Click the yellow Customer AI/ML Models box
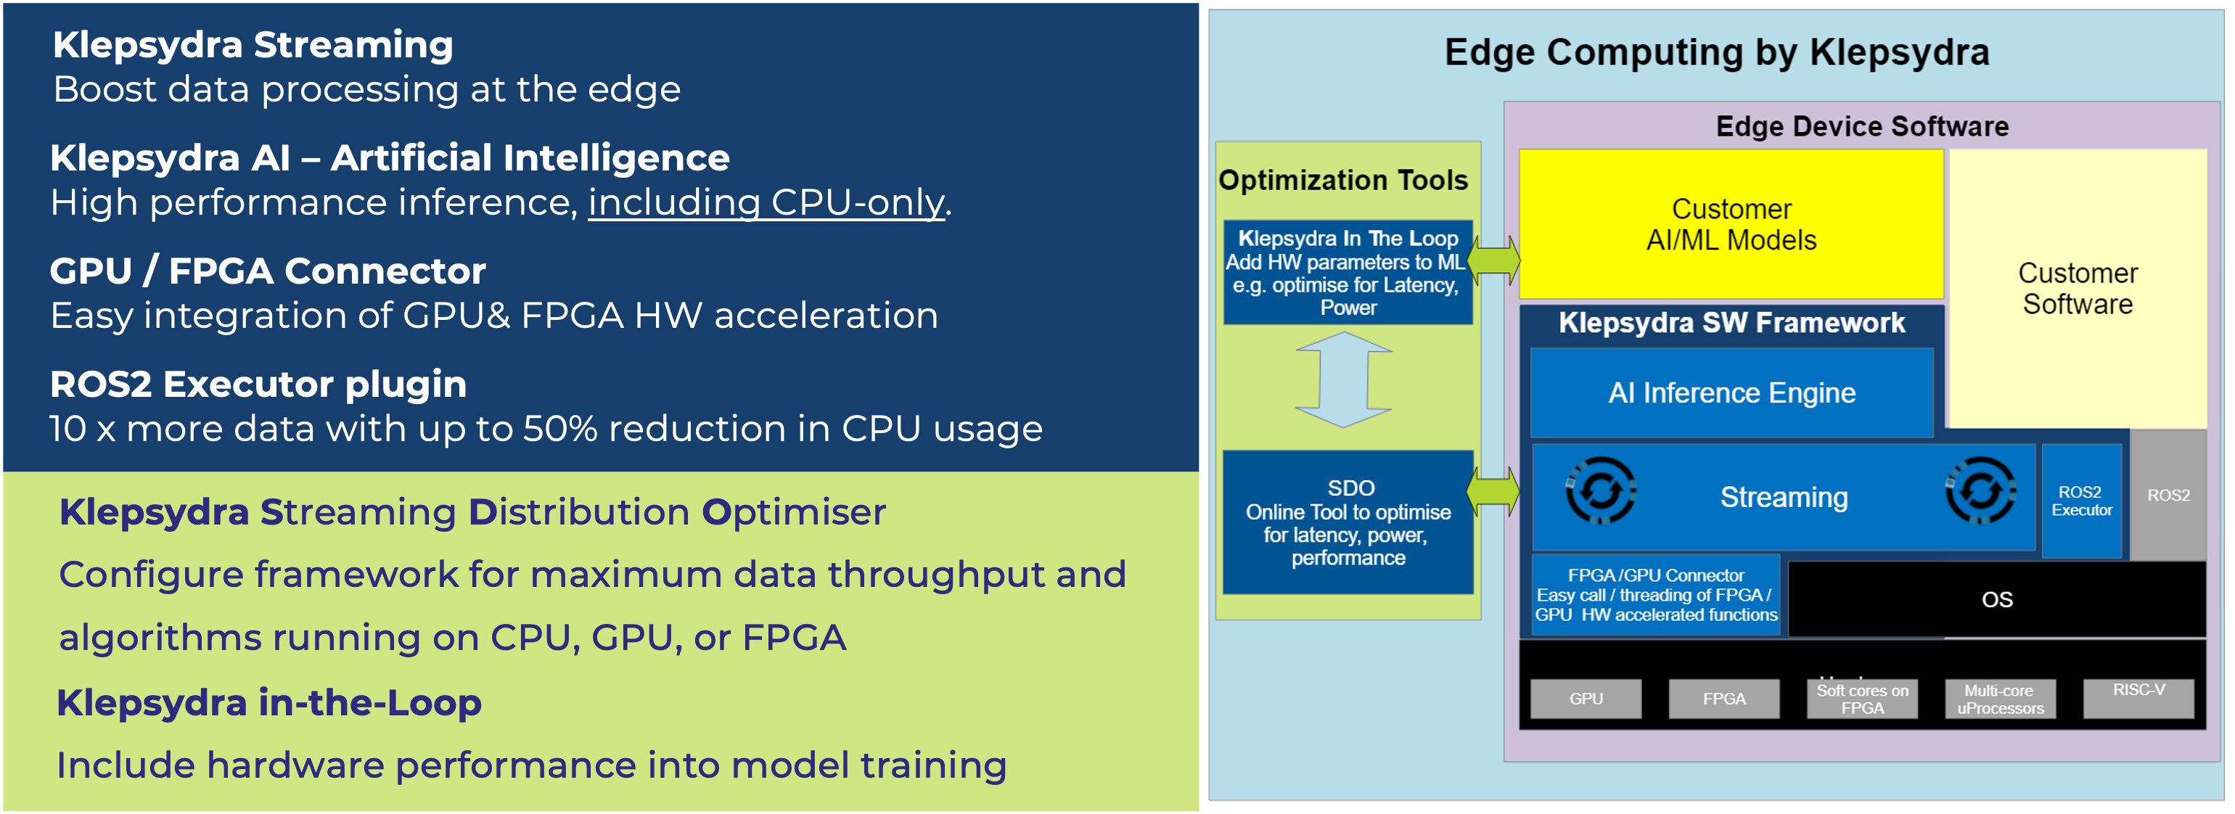[1731, 224]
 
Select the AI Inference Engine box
[1732, 393]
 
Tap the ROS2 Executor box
[2081, 501]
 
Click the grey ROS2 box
[2168, 495]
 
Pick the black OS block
[1996, 599]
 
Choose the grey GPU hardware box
[1586, 699]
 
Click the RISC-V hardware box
[2138, 698]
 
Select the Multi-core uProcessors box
[2000, 699]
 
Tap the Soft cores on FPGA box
[1862, 699]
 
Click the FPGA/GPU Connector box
[1655, 596]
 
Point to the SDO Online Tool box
[1348, 522]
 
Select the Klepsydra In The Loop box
[1348, 273]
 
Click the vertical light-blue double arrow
[1344, 379]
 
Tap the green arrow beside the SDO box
[1493, 491]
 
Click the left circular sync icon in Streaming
[1601, 491]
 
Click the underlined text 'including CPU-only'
[767, 204]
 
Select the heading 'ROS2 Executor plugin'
[258, 385]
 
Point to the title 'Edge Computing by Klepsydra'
[1717, 52]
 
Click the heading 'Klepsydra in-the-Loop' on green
[269, 703]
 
